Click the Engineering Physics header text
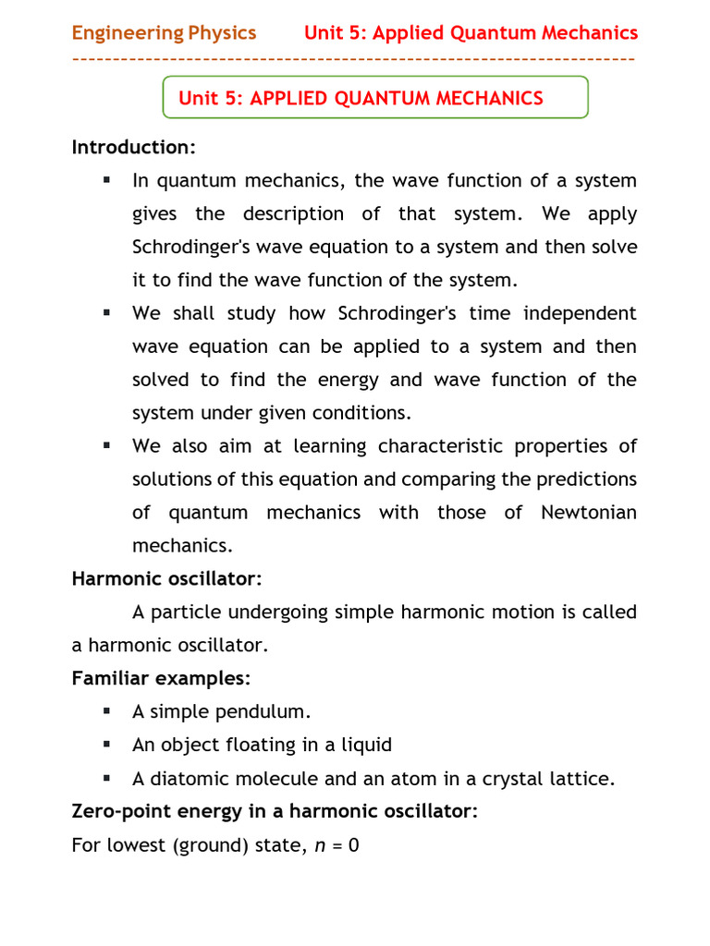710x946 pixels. (164, 33)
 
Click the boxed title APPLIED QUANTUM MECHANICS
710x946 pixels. (361, 98)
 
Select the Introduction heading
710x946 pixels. (134, 148)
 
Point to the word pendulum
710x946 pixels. (263, 712)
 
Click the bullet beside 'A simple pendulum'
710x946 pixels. (107, 711)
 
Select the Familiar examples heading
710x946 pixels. (161, 679)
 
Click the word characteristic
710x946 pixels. (436, 446)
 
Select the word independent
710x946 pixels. (580, 313)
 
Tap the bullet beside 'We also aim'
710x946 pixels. (107, 445)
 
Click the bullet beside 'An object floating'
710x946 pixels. (107, 744)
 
